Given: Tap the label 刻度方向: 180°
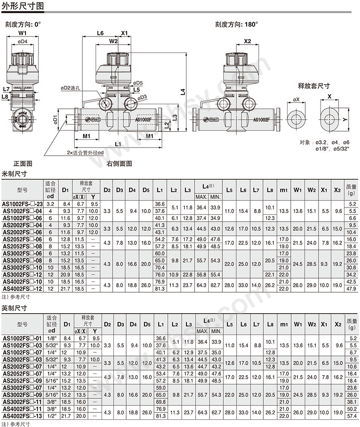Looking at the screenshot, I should (x=237, y=24).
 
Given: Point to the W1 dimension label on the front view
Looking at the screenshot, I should (x=22, y=33).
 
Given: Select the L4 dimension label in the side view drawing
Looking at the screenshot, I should (x=182, y=91).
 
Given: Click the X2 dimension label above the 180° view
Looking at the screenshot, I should (x=247, y=41).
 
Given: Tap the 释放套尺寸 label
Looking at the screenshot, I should (x=314, y=85).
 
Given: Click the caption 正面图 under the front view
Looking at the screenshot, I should (x=22, y=163).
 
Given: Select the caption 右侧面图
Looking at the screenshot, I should (x=119, y=163).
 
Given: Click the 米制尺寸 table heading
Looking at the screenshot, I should (x=15, y=173).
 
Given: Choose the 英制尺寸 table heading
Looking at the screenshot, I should (x=15, y=308).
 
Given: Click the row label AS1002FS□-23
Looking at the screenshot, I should (x=22, y=204).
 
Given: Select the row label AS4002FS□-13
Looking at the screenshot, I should (x=22, y=416).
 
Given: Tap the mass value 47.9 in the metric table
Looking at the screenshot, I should (x=351, y=289).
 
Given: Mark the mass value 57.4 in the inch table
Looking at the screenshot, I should (x=351, y=416).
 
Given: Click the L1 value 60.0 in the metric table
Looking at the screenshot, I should (x=159, y=253).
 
